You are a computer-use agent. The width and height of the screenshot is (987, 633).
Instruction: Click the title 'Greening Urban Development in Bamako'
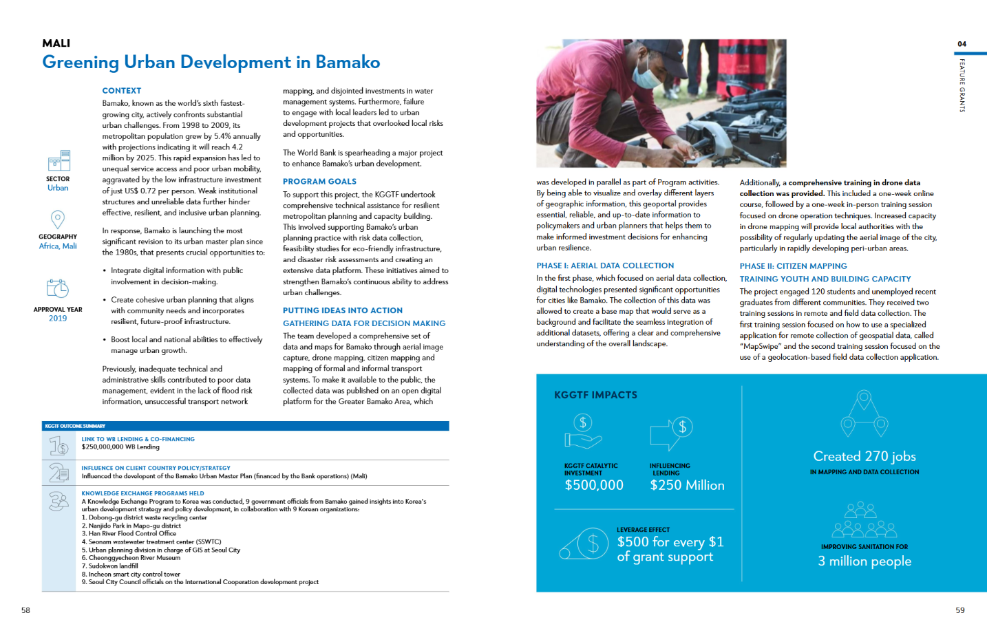point(211,63)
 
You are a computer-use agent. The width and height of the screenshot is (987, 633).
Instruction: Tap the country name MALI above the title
point(56,43)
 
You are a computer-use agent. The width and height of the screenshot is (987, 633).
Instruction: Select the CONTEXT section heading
point(122,91)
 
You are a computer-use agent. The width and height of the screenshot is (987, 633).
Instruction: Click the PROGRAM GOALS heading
point(319,182)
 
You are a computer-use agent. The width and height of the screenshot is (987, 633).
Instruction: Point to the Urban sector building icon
point(59,160)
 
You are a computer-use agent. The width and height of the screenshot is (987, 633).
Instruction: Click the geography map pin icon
point(58,219)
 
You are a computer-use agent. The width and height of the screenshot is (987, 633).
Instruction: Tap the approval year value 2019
point(58,319)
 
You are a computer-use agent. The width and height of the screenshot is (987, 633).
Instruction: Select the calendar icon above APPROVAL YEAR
point(58,289)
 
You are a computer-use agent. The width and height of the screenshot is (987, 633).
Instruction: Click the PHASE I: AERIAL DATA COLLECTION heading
point(605,266)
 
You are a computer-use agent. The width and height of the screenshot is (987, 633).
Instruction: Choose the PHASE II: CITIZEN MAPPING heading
point(793,266)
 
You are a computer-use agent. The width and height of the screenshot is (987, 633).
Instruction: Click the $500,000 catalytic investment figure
point(594,485)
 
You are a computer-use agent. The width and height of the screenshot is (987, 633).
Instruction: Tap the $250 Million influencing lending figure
point(687,485)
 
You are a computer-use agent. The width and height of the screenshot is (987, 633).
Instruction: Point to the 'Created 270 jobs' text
point(864,456)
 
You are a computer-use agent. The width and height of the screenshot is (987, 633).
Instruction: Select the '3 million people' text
point(864,561)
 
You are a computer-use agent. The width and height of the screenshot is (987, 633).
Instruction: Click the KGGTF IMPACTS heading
point(595,395)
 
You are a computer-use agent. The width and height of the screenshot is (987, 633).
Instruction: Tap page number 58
point(25,610)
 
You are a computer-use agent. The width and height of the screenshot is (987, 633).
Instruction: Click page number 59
point(960,610)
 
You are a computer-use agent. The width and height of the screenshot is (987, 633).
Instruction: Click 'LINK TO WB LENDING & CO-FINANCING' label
point(138,439)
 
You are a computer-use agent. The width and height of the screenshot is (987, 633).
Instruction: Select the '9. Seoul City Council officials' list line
point(203,582)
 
